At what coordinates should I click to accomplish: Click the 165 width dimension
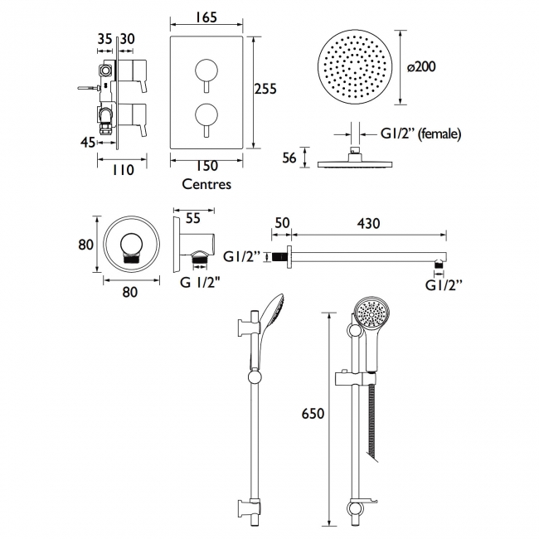[206, 16]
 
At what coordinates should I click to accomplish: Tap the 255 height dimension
[265, 89]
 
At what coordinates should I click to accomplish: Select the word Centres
[206, 183]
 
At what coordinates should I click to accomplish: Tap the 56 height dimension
[289, 158]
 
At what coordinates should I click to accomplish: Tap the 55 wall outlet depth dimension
[192, 217]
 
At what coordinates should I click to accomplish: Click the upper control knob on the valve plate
[205, 69]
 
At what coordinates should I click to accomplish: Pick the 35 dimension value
[104, 38]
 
